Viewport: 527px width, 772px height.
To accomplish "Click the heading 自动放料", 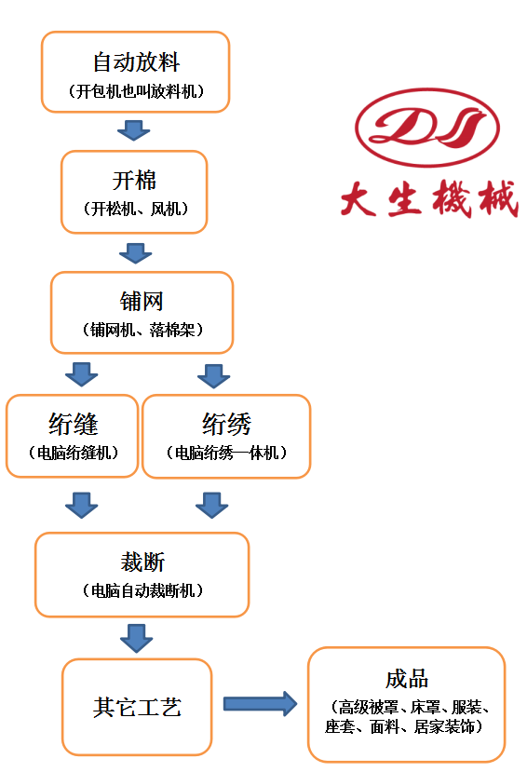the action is pyautogui.click(x=136, y=62).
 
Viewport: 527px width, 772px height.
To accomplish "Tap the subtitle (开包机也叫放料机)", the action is pyautogui.click(x=136, y=91).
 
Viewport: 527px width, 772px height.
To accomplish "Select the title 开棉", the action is pyautogui.click(x=134, y=181).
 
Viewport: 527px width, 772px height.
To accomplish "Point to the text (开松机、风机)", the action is pyautogui.click(x=135, y=209).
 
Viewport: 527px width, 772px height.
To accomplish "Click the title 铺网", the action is pyautogui.click(x=142, y=301).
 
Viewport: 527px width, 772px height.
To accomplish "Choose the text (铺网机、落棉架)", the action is pyautogui.click(x=142, y=330).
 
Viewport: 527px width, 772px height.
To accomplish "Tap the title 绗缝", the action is pyautogui.click(x=74, y=424).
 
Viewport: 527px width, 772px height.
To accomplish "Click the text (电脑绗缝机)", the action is pyautogui.click(x=73, y=453).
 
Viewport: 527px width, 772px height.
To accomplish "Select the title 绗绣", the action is pyautogui.click(x=226, y=424).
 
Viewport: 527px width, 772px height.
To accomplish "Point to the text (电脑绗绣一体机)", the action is pyautogui.click(x=226, y=453).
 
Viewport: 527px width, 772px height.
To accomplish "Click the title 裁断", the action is pyautogui.click(x=142, y=562).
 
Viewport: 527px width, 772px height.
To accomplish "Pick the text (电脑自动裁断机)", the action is pyautogui.click(x=142, y=590).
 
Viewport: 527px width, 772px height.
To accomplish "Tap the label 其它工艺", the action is pyautogui.click(x=137, y=708).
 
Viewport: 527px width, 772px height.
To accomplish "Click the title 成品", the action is pyautogui.click(x=407, y=679).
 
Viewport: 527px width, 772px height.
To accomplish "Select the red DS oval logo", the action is pyautogui.click(x=427, y=128).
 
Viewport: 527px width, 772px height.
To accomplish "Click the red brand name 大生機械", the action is pyautogui.click(x=429, y=198).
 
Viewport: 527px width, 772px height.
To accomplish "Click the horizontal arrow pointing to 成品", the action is pyautogui.click(x=261, y=704).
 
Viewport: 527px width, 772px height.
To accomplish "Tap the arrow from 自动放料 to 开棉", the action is pyautogui.click(x=133, y=130).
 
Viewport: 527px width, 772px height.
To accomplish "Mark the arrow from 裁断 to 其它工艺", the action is pyautogui.click(x=136, y=639).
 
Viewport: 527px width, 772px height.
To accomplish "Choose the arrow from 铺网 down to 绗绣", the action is pyautogui.click(x=213, y=376).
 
